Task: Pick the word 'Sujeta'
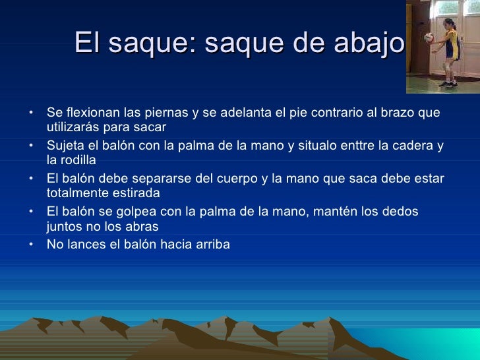pyautogui.click(x=64, y=146)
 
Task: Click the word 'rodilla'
pyautogui.click(x=78, y=160)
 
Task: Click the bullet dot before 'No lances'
pyautogui.click(x=31, y=245)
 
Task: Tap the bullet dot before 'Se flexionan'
pyautogui.click(x=31, y=112)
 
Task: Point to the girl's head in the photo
pyautogui.click(x=450, y=26)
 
